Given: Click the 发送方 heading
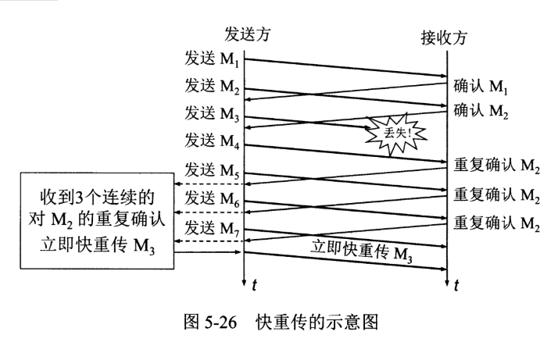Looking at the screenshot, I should coord(249,34).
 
